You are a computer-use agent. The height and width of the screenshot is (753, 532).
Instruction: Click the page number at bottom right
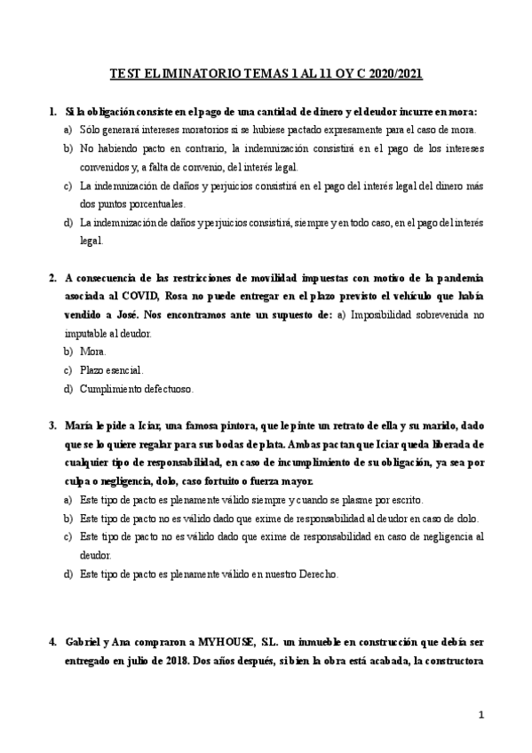pyautogui.click(x=480, y=715)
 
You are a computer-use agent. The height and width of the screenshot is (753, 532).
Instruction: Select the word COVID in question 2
pyautogui.click(x=142, y=296)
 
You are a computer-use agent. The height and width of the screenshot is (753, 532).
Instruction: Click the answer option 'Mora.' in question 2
pyautogui.click(x=93, y=352)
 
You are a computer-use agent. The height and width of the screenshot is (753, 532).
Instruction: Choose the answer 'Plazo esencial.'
pyautogui.click(x=111, y=370)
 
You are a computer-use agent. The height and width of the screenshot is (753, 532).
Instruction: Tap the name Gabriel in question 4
pyautogui.click(x=85, y=641)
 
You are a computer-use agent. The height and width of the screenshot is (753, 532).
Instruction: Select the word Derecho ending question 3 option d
pyautogui.click(x=317, y=575)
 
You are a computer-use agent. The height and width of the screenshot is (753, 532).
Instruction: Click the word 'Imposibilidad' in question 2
pyautogui.click(x=383, y=314)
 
